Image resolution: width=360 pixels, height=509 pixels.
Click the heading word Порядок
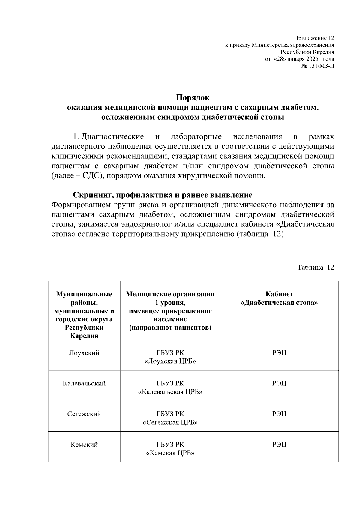tap(193, 98)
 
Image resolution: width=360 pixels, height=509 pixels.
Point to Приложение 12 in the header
tap(314, 38)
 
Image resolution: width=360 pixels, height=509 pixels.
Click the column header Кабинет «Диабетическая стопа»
tap(279, 298)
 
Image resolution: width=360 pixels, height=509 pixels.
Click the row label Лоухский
tap(84, 353)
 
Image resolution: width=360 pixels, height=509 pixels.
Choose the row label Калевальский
tap(84, 383)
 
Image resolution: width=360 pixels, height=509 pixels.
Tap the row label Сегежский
tap(84, 414)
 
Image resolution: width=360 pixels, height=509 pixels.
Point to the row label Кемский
tap(84, 445)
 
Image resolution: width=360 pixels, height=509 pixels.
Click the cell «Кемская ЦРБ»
tap(170, 453)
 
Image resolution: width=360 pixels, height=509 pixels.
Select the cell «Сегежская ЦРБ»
tap(170, 423)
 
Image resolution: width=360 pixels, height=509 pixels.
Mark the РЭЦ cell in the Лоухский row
tap(279, 353)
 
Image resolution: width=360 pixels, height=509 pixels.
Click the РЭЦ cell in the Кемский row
tap(279, 445)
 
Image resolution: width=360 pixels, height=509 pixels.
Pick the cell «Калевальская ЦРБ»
tap(170, 392)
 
